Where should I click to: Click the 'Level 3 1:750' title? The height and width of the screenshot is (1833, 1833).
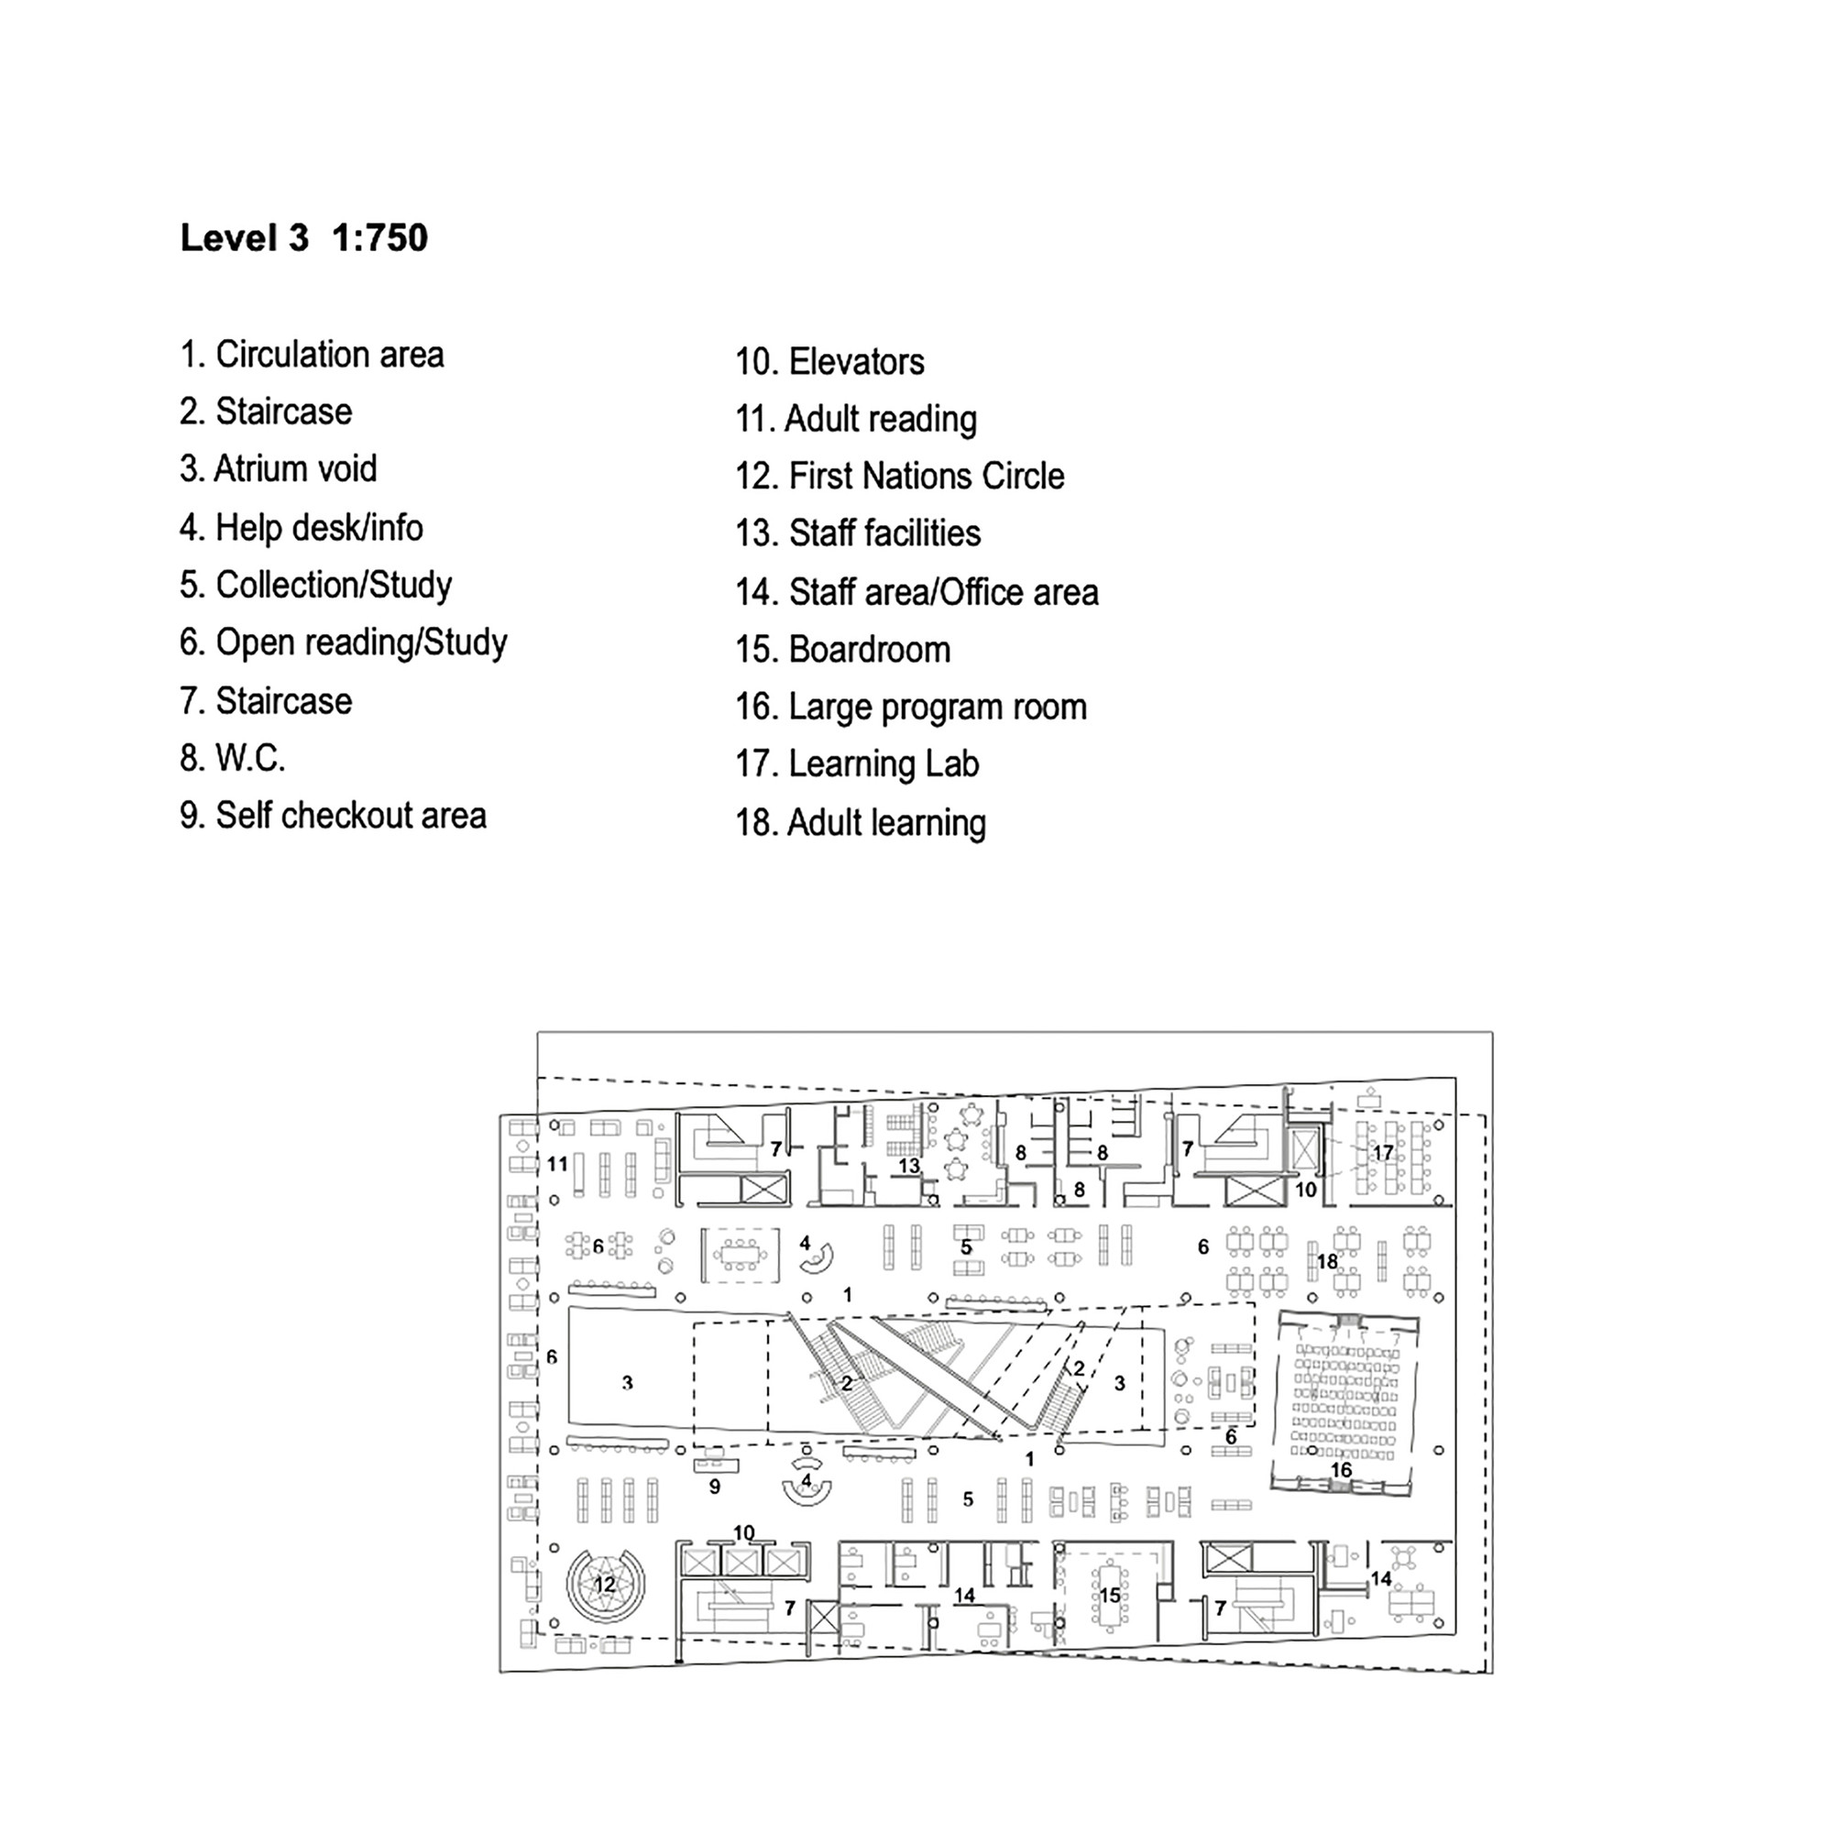click(x=303, y=238)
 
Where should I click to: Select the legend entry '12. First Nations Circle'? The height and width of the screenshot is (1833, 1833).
click(x=899, y=477)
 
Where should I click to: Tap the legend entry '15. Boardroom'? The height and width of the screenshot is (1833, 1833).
click(x=842, y=650)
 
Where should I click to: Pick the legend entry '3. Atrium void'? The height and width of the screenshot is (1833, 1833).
click(x=278, y=468)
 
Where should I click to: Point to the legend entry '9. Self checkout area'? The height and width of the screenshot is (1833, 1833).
click(x=333, y=816)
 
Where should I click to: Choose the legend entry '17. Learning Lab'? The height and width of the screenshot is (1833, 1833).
click(x=857, y=764)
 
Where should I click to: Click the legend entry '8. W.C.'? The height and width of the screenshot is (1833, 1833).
click(x=233, y=759)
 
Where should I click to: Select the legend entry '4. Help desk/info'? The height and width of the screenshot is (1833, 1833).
click(x=301, y=528)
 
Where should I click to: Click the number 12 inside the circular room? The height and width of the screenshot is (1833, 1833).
click(x=604, y=1585)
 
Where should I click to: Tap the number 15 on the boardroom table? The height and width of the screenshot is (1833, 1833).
click(x=1109, y=1596)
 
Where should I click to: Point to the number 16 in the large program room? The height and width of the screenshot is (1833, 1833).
click(x=1341, y=1470)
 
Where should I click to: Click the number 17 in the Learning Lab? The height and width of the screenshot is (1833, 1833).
click(x=1383, y=1153)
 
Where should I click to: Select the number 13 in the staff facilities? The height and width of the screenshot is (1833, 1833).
click(x=909, y=1165)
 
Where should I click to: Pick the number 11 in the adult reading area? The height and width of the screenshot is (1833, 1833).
click(x=557, y=1163)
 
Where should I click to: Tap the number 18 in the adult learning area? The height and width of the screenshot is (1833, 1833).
click(x=1326, y=1262)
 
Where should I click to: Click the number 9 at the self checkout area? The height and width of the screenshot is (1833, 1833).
click(x=715, y=1487)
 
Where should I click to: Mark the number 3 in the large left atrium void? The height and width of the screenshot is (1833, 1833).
click(x=627, y=1383)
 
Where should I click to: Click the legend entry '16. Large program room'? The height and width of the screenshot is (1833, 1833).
click(x=911, y=708)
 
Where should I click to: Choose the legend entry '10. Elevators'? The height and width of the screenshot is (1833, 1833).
click(x=829, y=362)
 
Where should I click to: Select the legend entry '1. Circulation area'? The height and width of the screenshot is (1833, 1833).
click(x=312, y=355)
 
